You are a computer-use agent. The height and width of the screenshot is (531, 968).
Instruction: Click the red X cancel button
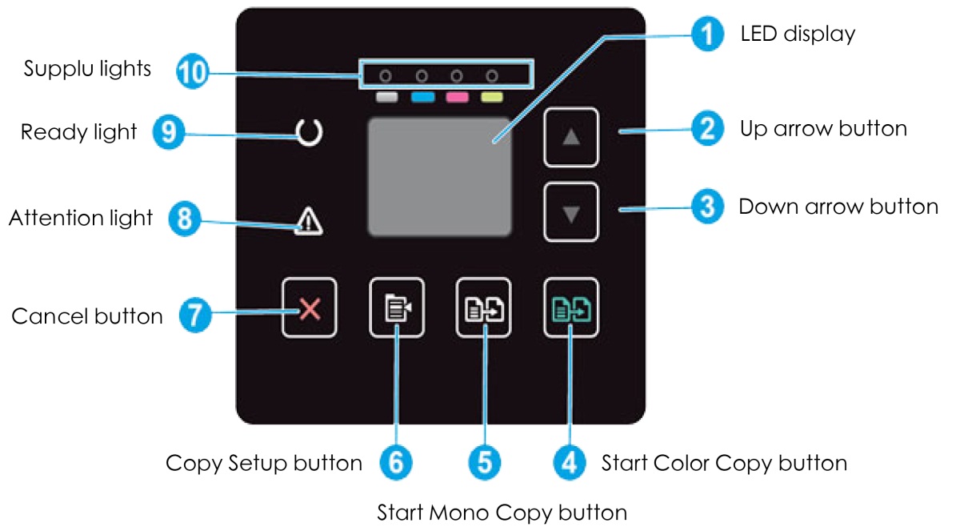[x=309, y=308]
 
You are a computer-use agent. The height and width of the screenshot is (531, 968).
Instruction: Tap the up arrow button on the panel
[x=570, y=137]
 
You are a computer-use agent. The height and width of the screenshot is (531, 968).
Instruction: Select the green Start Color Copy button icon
[x=570, y=308]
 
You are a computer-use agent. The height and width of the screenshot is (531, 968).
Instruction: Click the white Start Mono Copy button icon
[x=482, y=308]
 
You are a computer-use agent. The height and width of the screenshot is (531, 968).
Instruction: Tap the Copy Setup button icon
[x=396, y=308]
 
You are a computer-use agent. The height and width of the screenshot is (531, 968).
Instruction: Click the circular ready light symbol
[x=309, y=133]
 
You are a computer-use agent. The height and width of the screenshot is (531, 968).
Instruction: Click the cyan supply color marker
[x=422, y=99]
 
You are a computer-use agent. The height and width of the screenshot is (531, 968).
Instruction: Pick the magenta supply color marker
[x=457, y=99]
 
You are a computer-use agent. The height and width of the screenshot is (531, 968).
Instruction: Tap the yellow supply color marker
[x=492, y=99]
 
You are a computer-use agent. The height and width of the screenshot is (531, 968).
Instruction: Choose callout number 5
[x=483, y=463]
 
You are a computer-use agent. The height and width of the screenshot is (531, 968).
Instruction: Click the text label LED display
[x=798, y=34]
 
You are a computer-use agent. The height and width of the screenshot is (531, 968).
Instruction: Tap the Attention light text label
[x=80, y=217]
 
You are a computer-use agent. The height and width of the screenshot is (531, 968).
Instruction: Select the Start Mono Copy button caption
[x=502, y=511]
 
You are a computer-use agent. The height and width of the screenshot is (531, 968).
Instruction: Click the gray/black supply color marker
[x=386, y=99]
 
